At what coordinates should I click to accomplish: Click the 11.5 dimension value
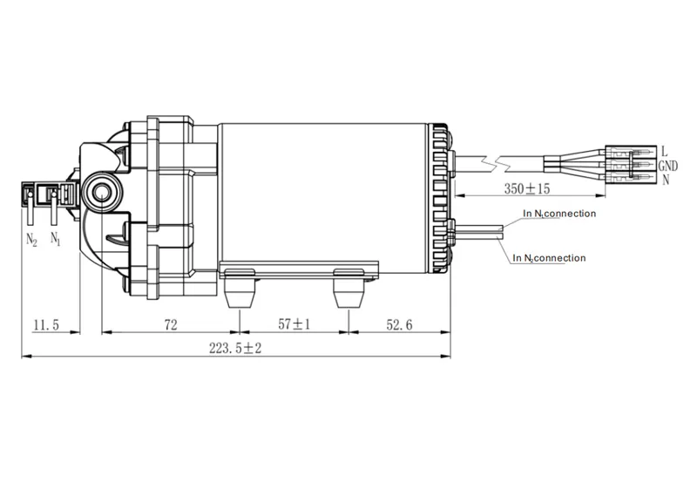pos(45,325)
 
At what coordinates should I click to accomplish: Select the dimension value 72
pos(170,325)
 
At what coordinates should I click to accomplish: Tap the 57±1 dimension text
pos(294,325)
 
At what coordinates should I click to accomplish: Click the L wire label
pos(664,151)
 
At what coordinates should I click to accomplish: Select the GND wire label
pos(668,166)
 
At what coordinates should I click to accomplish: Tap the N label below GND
pos(665,181)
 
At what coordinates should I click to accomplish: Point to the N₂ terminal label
pos(32,239)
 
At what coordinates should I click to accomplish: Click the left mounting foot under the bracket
pos(238,291)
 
